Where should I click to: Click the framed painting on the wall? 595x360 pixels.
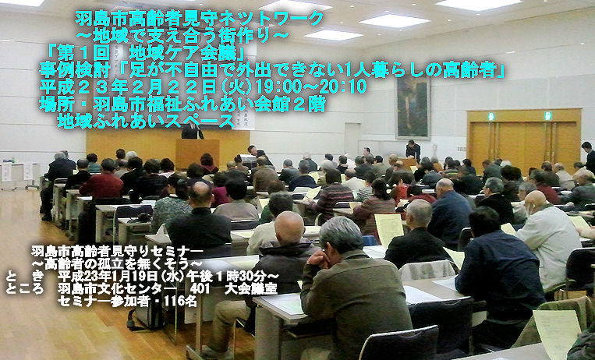(413, 108)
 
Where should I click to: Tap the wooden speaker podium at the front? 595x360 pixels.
(197, 153)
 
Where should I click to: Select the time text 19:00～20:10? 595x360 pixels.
(311, 86)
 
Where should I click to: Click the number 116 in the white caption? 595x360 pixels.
(175, 301)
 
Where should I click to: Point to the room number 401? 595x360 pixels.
(200, 288)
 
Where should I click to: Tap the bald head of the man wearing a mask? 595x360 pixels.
(536, 200)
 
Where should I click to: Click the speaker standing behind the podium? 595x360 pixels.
(192, 131)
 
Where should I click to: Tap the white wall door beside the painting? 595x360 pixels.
(352, 139)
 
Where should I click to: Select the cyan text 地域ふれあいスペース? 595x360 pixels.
(146, 122)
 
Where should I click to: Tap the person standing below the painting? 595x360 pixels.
(413, 150)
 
